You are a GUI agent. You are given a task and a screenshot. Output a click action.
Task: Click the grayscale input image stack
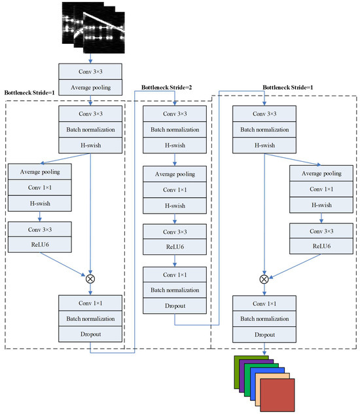click(92, 26)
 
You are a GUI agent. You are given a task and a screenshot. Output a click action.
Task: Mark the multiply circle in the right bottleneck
click(264, 278)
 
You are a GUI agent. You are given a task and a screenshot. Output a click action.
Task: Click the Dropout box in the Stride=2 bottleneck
click(174, 305)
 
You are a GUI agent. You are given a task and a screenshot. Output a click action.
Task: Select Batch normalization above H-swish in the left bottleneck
click(90, 129)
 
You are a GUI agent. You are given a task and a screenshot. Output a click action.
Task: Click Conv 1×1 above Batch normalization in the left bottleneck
click(90, 304)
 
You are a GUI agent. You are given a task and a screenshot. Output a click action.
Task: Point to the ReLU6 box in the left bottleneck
click(40, 246)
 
